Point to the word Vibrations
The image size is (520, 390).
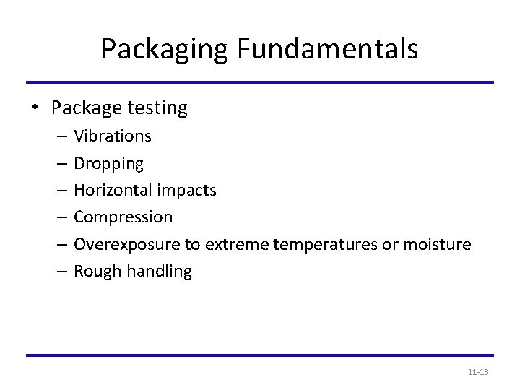[113, 136]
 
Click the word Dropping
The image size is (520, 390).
[109, 164]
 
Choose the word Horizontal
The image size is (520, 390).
[111, 190]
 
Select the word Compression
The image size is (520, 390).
[123, 217]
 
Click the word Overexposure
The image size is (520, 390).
[127, 245]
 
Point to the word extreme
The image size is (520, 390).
[236, 245]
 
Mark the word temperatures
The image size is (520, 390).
[319, 245]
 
